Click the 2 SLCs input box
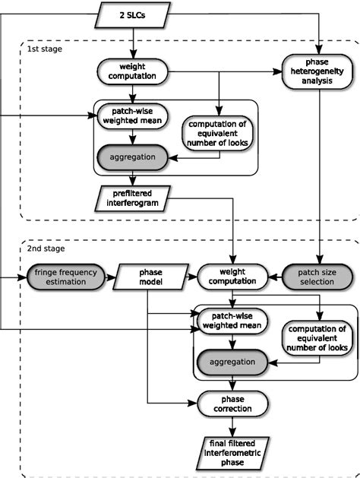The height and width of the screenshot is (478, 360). pos(134,13)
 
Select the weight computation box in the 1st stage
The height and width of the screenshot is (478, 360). pos(134,73)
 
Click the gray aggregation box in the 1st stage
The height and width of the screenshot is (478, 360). pos(134,157)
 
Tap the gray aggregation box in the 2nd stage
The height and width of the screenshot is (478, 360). pos(232,361)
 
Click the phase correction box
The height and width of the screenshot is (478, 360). pos(232,403)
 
